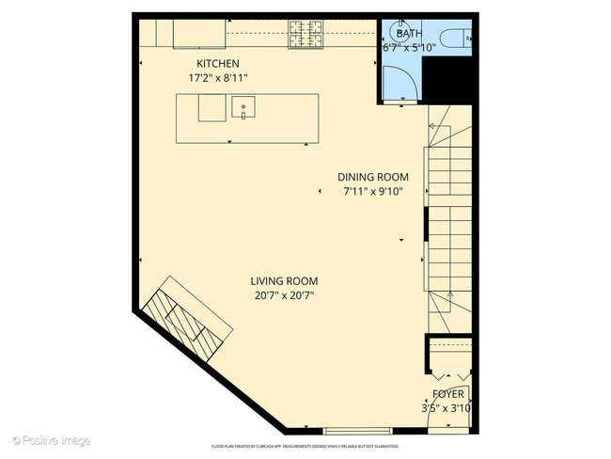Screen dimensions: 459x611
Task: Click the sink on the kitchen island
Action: pos(243,108)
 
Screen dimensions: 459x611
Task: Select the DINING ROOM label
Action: pos(373,177)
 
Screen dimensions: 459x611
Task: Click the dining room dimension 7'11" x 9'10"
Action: pos(373,192)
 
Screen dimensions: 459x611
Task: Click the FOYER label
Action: pos(447,394)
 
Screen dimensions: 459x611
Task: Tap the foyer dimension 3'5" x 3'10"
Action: pos(446,408)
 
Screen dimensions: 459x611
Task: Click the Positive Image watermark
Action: pos(52,440)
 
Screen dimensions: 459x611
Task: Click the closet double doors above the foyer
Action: pos(447,370)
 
